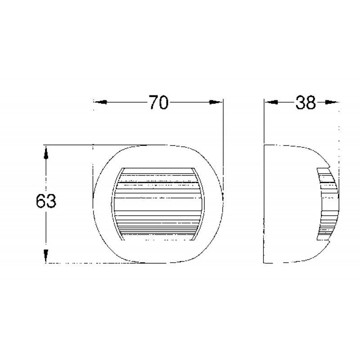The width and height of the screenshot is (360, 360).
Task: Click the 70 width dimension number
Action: (x=158, y=103)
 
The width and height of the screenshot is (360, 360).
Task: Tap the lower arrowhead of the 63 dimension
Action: (x=45, y=256)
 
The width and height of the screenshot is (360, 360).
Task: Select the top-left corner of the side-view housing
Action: (x=265, y=145)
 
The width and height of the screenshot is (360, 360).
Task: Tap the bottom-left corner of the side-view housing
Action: (x=265, y=262)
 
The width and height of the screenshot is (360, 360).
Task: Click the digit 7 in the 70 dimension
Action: (x=153, y=103)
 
